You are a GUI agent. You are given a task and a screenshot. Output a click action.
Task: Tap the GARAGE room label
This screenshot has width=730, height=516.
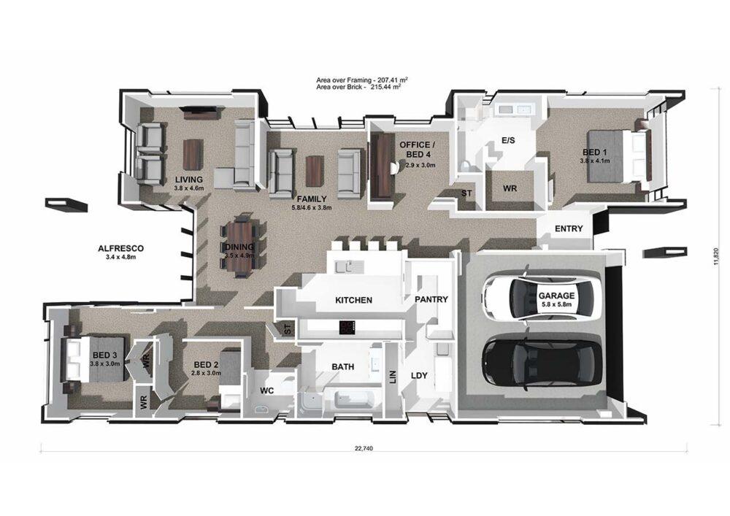556,296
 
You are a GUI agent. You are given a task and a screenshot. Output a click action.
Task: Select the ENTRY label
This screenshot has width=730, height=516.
569,228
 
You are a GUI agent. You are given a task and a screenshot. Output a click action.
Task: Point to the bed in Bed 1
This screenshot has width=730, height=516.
615,155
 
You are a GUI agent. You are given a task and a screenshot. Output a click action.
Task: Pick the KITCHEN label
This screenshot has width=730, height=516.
353,300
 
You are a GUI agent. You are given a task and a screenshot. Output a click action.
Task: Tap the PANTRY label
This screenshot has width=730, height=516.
431,299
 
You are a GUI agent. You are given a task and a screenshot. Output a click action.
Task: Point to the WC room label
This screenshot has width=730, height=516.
267,390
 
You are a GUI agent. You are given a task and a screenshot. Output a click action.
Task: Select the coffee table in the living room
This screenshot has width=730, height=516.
192,154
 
